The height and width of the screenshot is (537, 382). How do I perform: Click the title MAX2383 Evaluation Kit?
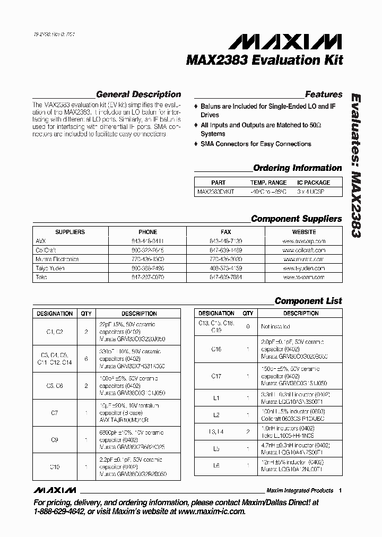264,60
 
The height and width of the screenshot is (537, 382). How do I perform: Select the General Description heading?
138,94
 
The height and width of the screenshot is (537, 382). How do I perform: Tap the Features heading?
324,94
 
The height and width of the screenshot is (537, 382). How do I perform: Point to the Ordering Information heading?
297,168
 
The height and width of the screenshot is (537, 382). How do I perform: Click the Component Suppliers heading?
296,219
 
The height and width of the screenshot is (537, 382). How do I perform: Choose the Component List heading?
308,301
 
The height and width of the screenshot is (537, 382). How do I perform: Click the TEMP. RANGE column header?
269,183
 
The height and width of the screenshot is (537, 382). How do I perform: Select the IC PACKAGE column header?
314,183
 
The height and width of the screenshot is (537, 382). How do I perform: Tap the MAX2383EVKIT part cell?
215,192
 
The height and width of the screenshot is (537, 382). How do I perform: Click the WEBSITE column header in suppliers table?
304,232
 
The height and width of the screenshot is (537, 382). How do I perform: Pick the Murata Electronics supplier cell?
57,259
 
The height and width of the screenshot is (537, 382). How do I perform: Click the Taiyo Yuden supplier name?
51,268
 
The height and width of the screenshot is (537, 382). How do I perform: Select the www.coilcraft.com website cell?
304,250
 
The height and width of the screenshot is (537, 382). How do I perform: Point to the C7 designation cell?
55,412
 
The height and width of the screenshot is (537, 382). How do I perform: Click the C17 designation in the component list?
216,376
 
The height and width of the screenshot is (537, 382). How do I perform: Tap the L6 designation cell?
216,465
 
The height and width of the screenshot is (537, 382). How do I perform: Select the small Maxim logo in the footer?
54,490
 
